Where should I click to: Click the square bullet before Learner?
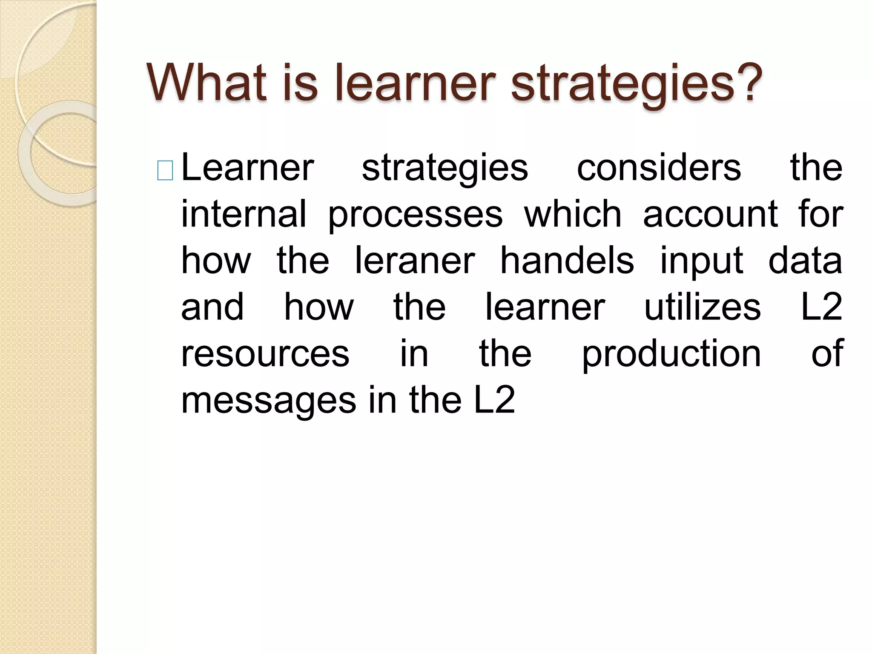pos(165,171)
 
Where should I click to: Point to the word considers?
pos(659,168)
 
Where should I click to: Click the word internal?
pos(244,214)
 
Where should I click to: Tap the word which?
pos(573,214)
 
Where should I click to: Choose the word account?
pos(711,214)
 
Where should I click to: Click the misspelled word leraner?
pos(415,261)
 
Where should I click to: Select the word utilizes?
pos(702,307)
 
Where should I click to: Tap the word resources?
pos(265,355)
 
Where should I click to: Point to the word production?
pos(671,355)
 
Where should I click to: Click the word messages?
pos(269,402)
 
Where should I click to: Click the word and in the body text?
pos(212,307)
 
